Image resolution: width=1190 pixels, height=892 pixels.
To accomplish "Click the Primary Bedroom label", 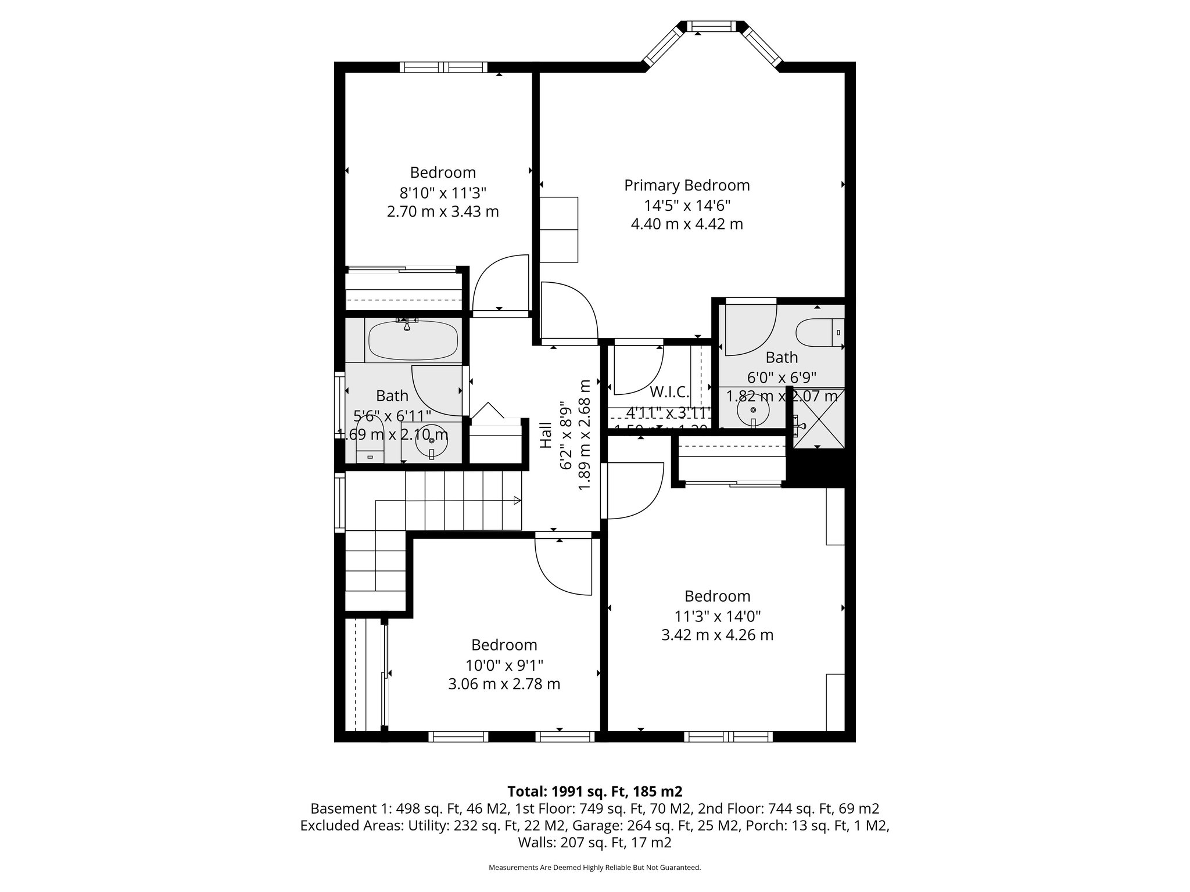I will [687, 185].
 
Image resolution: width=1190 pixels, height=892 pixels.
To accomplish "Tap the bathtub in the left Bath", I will [413, 341].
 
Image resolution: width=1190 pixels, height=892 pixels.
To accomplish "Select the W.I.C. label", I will [669, 391].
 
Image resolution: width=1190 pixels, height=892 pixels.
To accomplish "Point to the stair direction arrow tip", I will [519, 501].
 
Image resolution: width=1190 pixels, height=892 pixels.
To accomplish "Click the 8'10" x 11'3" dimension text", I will [443, 192].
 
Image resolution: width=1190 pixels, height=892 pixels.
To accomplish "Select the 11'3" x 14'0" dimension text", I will [717, 616].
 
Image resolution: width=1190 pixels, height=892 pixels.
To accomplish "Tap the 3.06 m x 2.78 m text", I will [504, 684].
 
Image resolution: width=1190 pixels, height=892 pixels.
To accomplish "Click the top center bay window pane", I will [712, 27].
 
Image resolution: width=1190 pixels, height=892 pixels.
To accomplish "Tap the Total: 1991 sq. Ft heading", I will [594, 791].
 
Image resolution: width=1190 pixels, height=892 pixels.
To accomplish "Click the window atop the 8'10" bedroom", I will [443, 67].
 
